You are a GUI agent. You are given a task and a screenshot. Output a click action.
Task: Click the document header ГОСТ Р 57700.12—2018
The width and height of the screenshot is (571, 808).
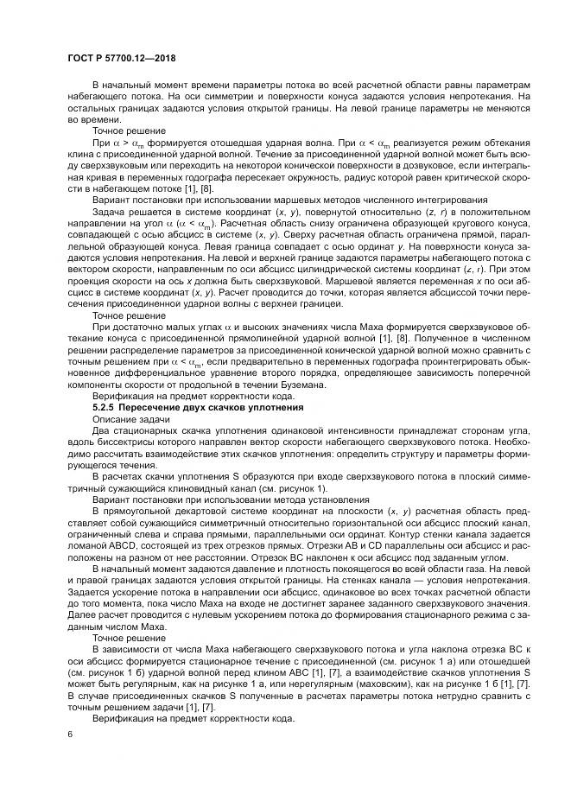pyautogui.click(x=127, y=59)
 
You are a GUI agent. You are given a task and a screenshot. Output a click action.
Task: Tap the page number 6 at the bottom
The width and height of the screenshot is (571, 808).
pyautogui.click(x=69, y=734)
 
